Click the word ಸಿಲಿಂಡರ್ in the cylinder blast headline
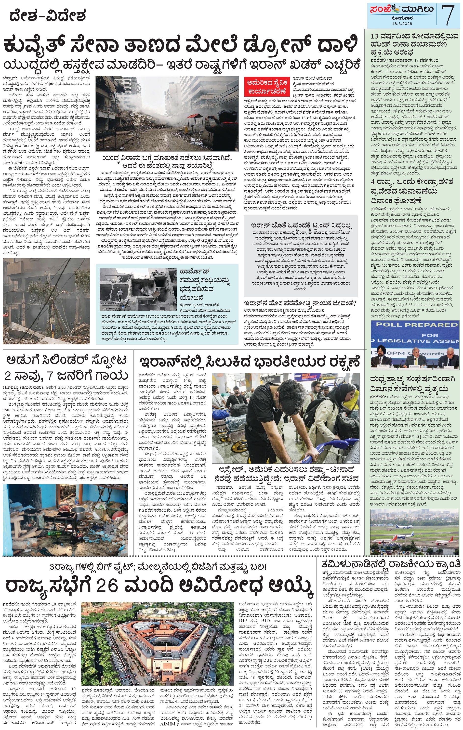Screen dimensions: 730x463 click(x=65, y=361)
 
